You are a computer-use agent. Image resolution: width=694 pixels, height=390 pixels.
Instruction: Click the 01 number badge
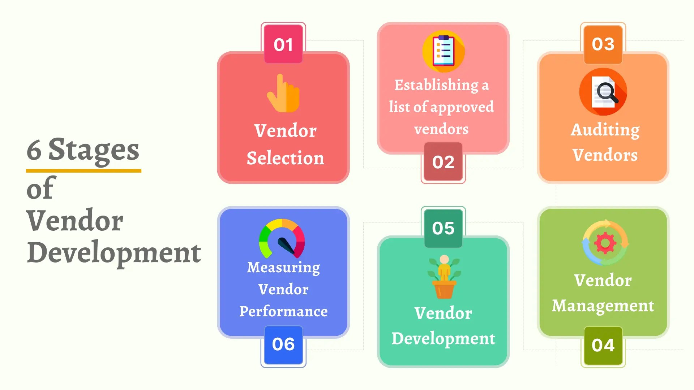(x=283, y=44)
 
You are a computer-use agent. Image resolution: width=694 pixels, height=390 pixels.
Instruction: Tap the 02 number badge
(x=443, y=162)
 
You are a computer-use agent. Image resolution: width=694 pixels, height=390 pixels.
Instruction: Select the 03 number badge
(x=603, y=44)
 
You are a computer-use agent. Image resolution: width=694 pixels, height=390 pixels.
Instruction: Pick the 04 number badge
(x=603, y=345)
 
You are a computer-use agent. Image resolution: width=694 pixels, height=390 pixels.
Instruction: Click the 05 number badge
(x=443, y=228)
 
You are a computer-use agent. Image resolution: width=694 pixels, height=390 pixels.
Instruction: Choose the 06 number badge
(x=283, y=344)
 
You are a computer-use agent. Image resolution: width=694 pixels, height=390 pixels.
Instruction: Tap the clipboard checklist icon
(x=444, y=51)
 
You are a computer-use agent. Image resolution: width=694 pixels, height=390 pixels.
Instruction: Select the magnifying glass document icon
(x=603, y=92)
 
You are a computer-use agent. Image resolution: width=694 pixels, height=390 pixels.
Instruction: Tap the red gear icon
(x=605, y=243)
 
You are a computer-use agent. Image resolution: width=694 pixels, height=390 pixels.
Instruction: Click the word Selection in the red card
(x=285, y=158)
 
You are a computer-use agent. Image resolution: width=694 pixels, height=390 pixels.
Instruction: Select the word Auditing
(x=605, y=130)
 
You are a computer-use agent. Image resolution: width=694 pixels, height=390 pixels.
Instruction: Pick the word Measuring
(x=283, y=268)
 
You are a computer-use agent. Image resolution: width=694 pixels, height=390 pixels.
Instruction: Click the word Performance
(x=283, y=311)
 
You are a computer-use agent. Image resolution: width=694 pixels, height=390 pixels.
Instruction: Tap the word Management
(x=603, y=306)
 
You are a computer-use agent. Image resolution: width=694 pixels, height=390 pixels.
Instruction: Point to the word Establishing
(x=436, y=85)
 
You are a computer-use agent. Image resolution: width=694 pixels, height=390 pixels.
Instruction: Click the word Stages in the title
(x=94, y=150)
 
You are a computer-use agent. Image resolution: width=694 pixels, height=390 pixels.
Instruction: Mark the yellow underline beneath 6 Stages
(x=83, y=170)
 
